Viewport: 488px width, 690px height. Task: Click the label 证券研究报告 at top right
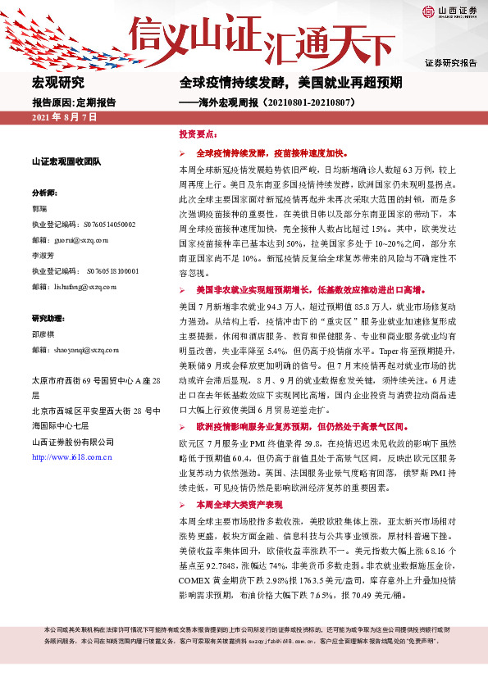[450, 63]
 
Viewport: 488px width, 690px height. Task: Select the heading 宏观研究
[58, 83]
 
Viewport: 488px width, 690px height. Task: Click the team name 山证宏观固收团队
[66, 161]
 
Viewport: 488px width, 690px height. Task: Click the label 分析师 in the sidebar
[44, 192]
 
